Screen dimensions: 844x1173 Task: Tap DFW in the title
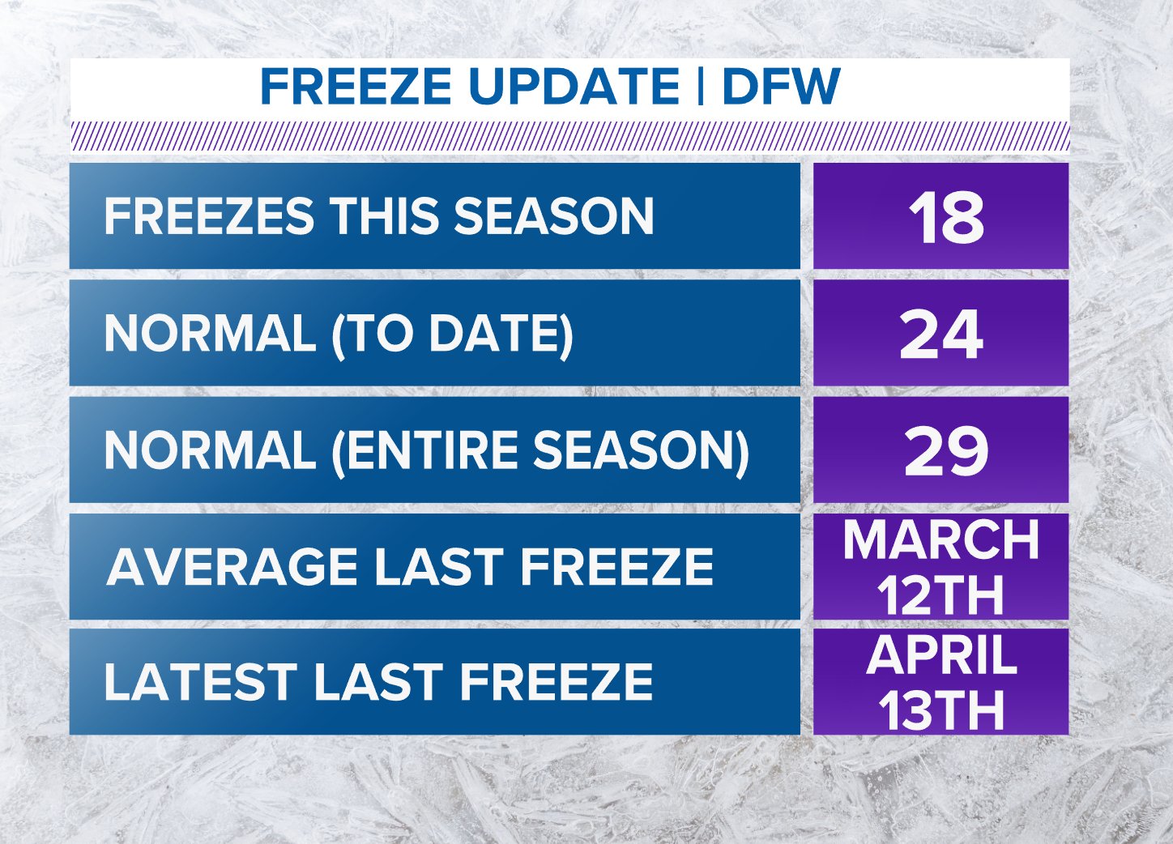pyautogui.click(x=780, y=87)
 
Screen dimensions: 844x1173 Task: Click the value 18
pyautogui.click(x=945, y=218)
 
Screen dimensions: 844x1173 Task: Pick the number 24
pyautogui.click(x=941, y=335)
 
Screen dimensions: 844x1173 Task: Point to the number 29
pyautogui.click(x=945, y=451)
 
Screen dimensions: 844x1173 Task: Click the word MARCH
pyautogui.click(x=941, y=539)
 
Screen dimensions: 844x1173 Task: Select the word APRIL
pyautogui.click(x=941, y=654)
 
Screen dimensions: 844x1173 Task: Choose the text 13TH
pyautogui.click(x=941, y=711)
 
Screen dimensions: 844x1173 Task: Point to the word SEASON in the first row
pyautogui.click(x=553, y=216)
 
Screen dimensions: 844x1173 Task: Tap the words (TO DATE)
pyautogui.click(x=452, y=333)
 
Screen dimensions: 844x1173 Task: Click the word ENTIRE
pyautogui.click(x=429, y=450)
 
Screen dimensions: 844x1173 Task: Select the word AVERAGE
pyautogui.click(x=232, y=566)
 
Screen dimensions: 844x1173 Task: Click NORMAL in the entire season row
pyautogui.click(x=209, y=450)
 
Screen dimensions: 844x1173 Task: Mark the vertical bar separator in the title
pyautogui.click(x=699, y=86)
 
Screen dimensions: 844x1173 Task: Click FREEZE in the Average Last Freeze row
pyautogui.click(x=616, y=566)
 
